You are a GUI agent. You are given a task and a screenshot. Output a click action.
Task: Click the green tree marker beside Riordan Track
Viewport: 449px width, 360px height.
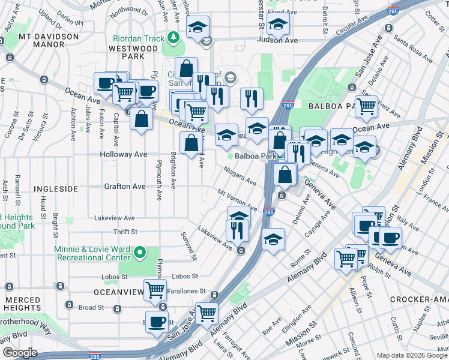[174, 38]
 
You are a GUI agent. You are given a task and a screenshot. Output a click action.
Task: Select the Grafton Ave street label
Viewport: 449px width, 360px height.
[125, 186]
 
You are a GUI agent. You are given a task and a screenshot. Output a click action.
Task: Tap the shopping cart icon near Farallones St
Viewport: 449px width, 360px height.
[155, 290]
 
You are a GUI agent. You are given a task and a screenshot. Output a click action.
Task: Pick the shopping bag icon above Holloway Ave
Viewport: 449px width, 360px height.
[191, 143]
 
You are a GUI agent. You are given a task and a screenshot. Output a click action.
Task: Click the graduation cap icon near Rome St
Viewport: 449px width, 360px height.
[273, 239]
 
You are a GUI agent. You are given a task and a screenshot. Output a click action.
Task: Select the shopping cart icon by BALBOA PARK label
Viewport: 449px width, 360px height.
[366, 106]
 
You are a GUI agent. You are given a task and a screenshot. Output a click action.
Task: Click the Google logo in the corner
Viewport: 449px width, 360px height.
[20, 352]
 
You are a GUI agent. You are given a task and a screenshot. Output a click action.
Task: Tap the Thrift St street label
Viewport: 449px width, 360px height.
[125, 232]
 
